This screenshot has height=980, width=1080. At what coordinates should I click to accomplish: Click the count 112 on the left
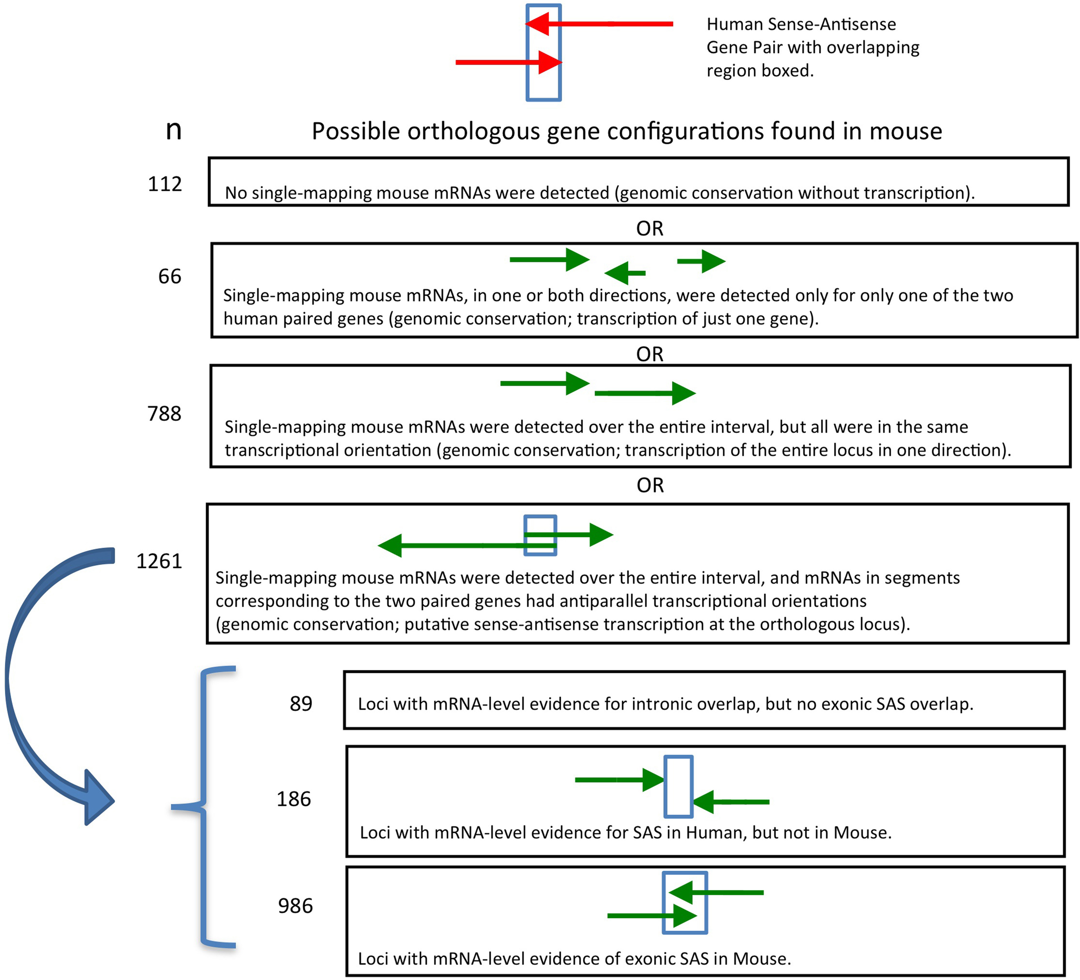pos(165,184)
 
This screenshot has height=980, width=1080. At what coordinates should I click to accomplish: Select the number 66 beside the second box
pos(169,276)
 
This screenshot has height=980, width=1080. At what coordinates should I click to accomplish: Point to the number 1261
pos(159,561)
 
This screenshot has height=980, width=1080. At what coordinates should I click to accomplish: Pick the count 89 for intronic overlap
pos(301,704)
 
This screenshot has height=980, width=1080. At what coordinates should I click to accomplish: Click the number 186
pos(294,799)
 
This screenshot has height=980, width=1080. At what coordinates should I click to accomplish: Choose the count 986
pos(295,906)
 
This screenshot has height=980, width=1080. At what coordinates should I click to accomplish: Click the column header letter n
pos(174,130)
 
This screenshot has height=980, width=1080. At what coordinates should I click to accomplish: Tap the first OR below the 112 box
pos(649,228)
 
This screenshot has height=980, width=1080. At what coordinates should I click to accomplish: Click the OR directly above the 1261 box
pos(650,485)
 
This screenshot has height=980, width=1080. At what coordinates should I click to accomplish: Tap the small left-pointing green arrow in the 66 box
pos(624,273)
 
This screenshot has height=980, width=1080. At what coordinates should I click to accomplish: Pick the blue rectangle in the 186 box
pos(678,786)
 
